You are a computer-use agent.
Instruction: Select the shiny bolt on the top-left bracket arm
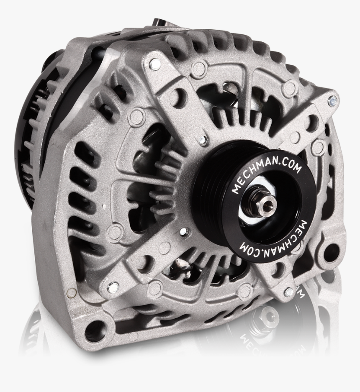pos(155,64)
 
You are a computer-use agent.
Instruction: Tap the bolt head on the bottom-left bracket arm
pos(113,287)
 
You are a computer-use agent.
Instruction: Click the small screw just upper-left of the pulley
pos(203,140)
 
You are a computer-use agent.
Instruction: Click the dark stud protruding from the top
pos(159,23)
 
